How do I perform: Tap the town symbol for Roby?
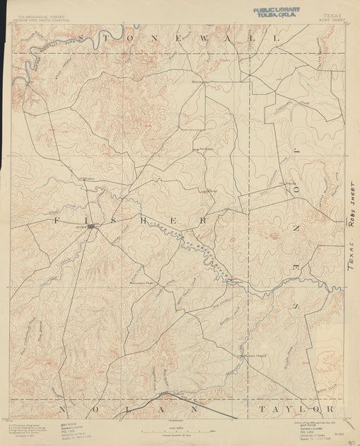tap(91, 227)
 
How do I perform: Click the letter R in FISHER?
tap(204, 220)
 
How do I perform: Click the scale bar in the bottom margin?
tap(180, 431)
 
